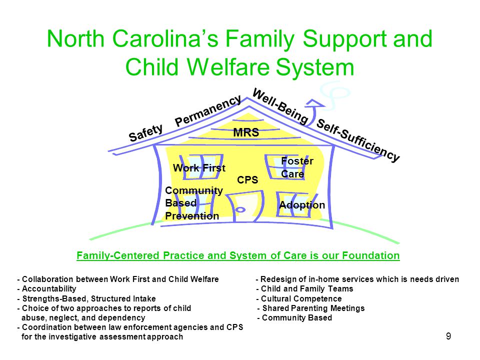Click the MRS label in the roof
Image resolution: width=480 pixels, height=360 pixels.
246,132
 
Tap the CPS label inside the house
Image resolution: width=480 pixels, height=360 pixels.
247,180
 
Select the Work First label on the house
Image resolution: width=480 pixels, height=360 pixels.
199,168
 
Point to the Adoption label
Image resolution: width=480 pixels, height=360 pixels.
302,205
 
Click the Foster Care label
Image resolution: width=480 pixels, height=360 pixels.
297,167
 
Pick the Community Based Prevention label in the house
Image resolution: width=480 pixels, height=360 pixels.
194,203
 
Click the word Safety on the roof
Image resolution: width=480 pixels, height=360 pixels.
145,133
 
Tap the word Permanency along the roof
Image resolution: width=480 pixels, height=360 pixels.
208,111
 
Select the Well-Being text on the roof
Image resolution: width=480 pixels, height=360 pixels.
280,106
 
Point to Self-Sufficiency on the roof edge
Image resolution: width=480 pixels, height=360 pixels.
358,140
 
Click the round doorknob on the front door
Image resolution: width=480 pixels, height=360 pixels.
240,209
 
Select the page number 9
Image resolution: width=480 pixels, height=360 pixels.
448,336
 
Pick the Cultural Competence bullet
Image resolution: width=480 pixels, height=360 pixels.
299,298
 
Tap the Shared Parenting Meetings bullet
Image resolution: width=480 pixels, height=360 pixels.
311,308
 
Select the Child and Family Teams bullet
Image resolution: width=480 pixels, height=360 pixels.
305,288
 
